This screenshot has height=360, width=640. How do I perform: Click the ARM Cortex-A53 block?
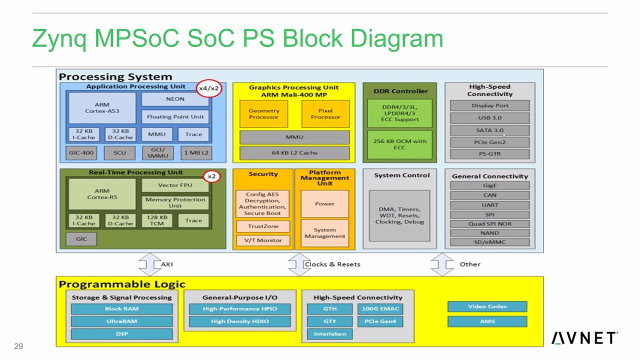(102, 107)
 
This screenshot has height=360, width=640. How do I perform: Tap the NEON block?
(175, 99)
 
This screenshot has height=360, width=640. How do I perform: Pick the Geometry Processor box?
(263, 114)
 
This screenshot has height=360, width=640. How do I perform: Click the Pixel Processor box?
(325, 114)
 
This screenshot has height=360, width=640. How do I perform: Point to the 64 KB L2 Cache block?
(294, 152)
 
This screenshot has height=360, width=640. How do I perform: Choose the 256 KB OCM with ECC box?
(399, 144)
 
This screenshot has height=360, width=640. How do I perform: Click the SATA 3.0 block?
(489, 130)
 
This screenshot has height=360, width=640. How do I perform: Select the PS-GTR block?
(489, 153)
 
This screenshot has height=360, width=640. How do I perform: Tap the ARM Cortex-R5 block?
(102, 194)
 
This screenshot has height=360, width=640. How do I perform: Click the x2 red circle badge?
(211, 176)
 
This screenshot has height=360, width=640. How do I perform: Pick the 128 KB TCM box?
(157, 220)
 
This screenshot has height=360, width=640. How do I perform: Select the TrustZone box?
(263, 226)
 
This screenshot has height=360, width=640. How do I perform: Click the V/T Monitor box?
(263, 240)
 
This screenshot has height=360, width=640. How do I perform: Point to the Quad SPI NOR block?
(489, 223)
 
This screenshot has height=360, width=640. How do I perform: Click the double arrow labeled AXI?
(149, 264)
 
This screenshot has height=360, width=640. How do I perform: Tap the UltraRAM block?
(121, 321)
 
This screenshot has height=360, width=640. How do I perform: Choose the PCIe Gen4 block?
(380, 321)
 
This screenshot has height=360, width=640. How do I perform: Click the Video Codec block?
(487, 306)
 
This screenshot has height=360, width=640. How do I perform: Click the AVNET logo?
(584, 338)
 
